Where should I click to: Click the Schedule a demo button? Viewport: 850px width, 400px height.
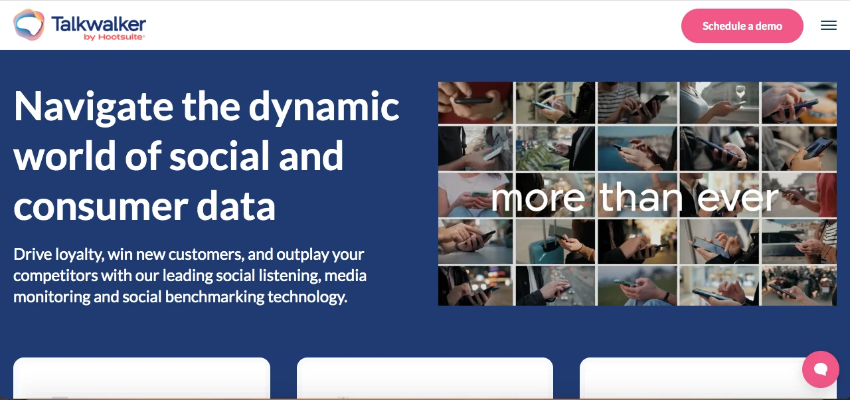(x=742, y=26)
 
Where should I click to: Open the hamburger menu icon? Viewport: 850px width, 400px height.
(x=828, y=26)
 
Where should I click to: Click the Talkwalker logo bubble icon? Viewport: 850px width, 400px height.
(x=29, y=25)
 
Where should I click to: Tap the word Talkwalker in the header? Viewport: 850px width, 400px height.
(x=98, y=24)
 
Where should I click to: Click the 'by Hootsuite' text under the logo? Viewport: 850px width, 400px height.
(x=114, y=37)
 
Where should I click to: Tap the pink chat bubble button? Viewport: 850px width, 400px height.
(x=820, y=369)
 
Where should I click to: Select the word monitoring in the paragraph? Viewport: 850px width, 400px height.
(x=51, y=296)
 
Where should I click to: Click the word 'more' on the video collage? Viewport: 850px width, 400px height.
(x=538, y=197)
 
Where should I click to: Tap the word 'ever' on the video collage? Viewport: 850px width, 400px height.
(x=744, y=197)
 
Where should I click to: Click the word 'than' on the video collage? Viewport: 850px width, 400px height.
(x=641, y=197)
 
